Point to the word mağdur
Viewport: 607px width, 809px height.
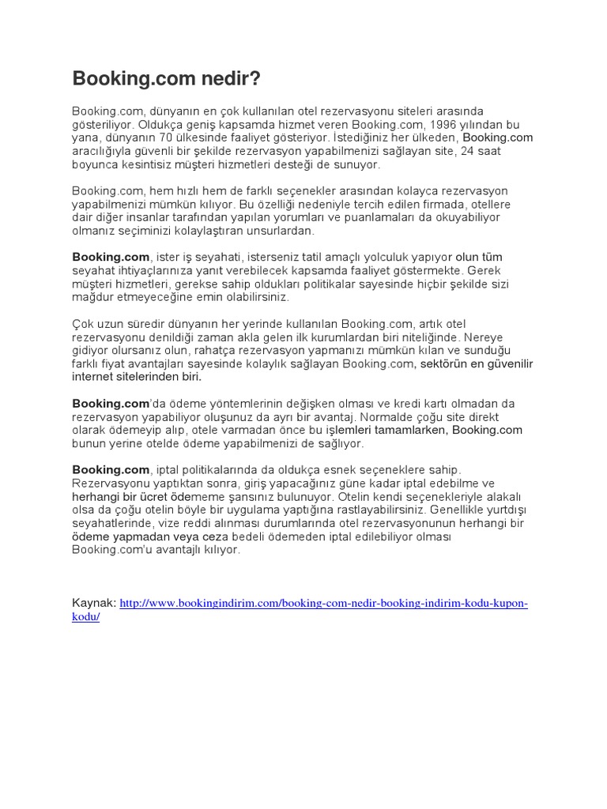(92, 298)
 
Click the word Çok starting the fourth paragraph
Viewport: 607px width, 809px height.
(83, 325)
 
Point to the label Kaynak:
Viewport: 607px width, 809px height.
(94, 603)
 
